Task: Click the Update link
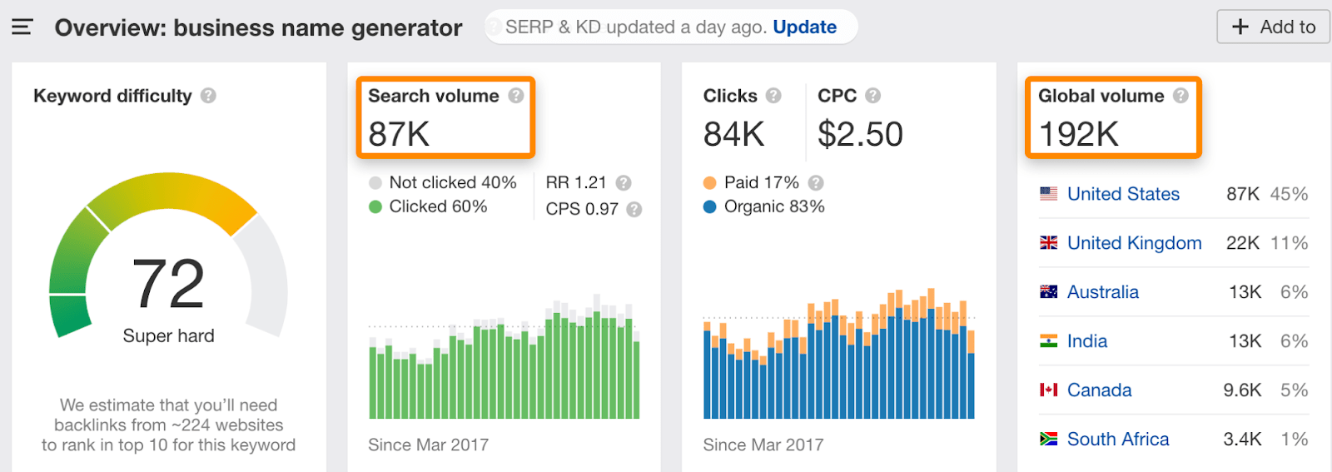click(x=804, y=27)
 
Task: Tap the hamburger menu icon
click(x=22, y=27)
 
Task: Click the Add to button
click(x=1273, y=27)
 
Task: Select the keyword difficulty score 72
click(x=168, y=284)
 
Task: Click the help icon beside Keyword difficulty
click(x=208, y=96)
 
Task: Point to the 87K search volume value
click(x=399, y=134)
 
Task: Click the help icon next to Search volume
click(x=516, y=96)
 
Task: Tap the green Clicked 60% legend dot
click(x=375, y=206)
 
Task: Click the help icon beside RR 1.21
click(x=624, y=183)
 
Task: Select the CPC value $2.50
click(x=860, y=134)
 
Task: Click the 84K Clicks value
click(x=733, y=134)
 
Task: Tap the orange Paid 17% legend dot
click(x=709, y=183)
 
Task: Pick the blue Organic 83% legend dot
click(x=709, y=206)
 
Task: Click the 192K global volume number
click(x=1079, y=134)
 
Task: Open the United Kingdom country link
click(x=1134, y=243)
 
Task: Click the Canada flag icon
click(x=1049, y=390)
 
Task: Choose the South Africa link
click(x=1118, y=439)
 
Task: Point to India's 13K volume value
click(x=1245, y=341)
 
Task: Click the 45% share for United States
click(x=1289, y=194)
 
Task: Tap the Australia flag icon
click(x=1049, y=291)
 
